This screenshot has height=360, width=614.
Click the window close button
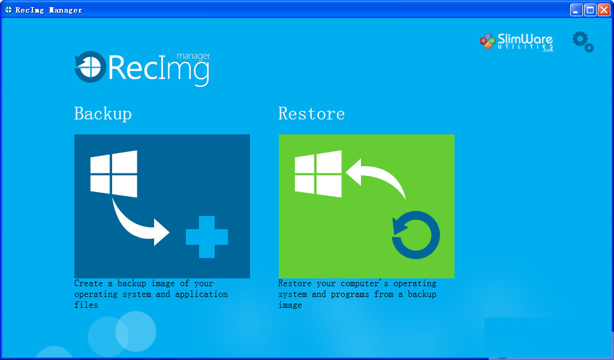pos(604,10)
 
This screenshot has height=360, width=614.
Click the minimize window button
pos(576,10)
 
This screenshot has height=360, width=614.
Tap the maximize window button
pos(590,10)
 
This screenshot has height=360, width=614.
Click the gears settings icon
pos(583,41)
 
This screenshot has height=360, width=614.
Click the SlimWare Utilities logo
pos(516,42)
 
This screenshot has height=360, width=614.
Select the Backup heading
pos(103,113)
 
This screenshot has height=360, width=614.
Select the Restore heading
pos(312,113)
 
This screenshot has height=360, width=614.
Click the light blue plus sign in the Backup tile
pos(207,237)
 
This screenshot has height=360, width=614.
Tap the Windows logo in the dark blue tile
pos(114,173)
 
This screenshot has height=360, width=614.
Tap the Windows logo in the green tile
pos(318,173)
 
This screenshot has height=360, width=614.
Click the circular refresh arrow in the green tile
pos(416,235)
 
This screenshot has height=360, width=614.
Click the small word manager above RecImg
pos(194,56)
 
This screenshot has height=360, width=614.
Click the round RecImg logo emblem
pos(90,67)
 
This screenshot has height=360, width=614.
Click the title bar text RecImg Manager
pos(49,10)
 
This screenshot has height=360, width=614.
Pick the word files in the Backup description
pos(86,305)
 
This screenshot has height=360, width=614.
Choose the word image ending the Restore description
pos(290,305)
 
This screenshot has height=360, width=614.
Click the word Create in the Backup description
pos(89,283)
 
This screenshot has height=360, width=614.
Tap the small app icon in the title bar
pos(8,10)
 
